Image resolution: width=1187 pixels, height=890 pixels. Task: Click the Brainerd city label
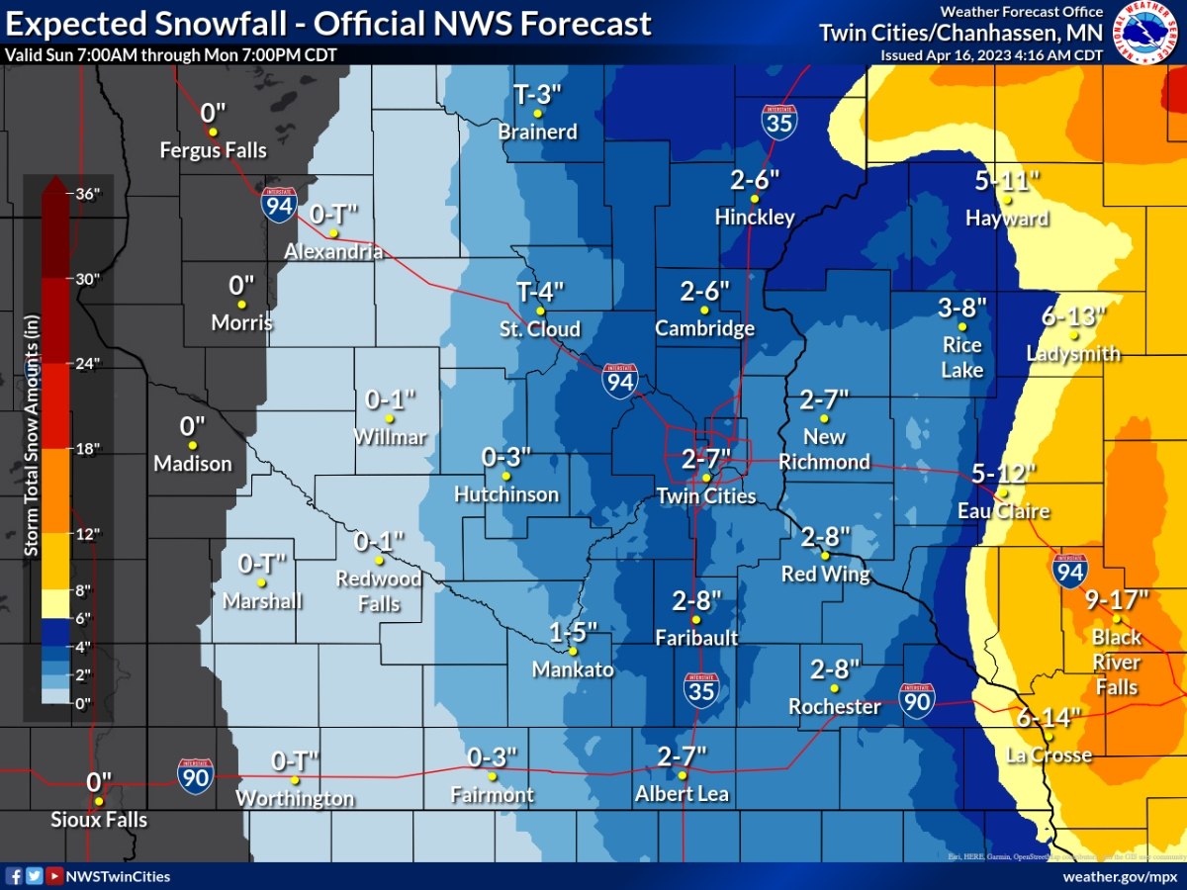pos(537,132)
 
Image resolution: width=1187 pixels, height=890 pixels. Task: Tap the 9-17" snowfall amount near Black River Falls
pos(1116,599)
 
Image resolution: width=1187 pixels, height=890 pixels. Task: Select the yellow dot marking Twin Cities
pos(706,478)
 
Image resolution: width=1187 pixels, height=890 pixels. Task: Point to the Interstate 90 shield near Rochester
pos(917,700)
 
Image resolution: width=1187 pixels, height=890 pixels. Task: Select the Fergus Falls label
pos(214,150)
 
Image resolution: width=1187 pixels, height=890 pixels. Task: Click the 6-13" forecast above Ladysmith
pos(1073,316)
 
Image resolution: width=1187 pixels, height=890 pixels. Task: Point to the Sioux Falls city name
pos(99,820)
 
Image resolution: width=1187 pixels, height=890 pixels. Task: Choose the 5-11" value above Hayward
pos(1007,181)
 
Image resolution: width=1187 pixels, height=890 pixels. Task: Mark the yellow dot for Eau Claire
pos(1002,493)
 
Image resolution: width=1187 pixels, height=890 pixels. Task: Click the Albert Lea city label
pos(682,794)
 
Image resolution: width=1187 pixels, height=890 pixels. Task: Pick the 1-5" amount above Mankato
pos(574,633)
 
